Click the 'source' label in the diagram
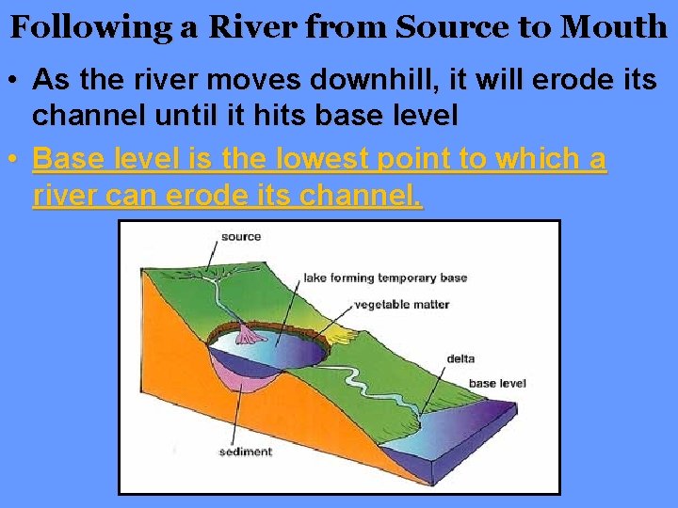(241, 237)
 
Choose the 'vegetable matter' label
(402, 304)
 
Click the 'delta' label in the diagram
(460, 357)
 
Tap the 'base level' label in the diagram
(497, 383)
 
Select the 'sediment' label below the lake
(245, 452)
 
